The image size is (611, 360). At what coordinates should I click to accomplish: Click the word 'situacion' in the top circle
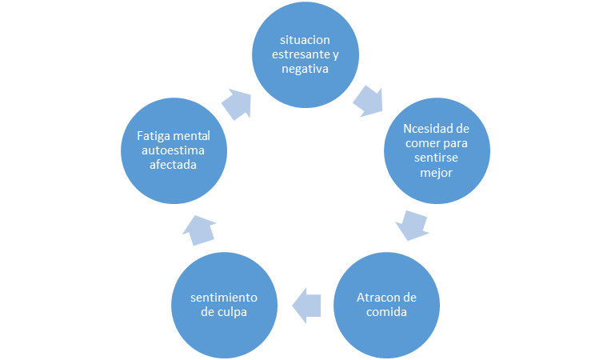click(x=305, y=40)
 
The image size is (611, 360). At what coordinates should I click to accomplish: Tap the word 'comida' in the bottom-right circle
click(x=386, y=312)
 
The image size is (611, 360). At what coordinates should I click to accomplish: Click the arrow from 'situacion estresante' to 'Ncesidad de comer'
click(x=368, y=101)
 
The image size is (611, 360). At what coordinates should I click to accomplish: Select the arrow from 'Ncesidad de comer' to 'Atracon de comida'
click(x=412, y=225)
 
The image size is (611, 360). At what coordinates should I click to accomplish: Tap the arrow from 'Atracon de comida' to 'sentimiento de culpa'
click(x=306, y=304)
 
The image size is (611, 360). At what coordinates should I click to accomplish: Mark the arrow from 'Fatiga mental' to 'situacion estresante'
click(x=237, y=102)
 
